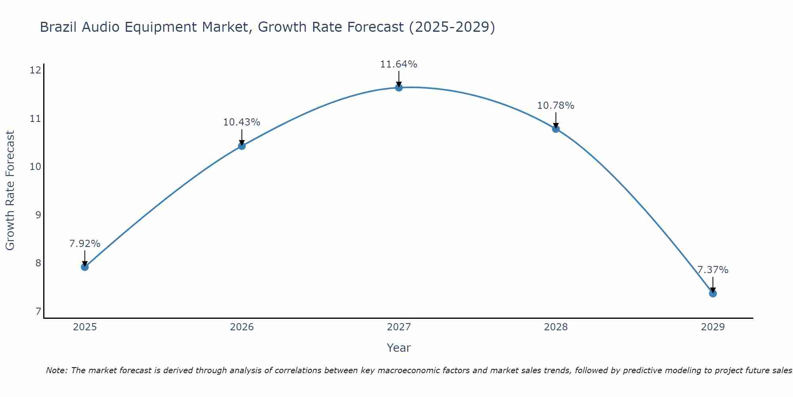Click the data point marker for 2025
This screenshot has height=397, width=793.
tap(84, 267)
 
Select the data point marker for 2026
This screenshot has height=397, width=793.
tap(241, 146)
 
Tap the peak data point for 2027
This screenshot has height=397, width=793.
tap(398, 87)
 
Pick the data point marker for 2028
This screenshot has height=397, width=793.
tap(555, 129)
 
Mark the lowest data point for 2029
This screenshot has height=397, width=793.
tap(713, 293)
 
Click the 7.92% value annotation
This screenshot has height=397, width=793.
tap(84, 243)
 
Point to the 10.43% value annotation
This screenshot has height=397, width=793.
tap(241, 122)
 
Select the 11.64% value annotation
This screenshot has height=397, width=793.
tap(398, 64)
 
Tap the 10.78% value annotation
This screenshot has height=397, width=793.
tap(555, 105)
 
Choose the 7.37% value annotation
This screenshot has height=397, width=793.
tap(713, 270)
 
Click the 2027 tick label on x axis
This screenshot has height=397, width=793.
tap(398, 327)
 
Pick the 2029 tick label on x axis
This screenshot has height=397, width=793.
tap(713, 327)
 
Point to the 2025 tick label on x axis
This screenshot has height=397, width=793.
tap(84, 327)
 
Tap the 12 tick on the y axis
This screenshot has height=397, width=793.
tap(36, 70)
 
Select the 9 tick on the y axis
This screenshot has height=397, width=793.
tap(38, 215)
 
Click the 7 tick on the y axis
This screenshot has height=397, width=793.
tap(38, 311)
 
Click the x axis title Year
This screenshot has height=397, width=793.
tap(398, 348)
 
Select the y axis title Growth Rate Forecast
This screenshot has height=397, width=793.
tap(10, 190)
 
